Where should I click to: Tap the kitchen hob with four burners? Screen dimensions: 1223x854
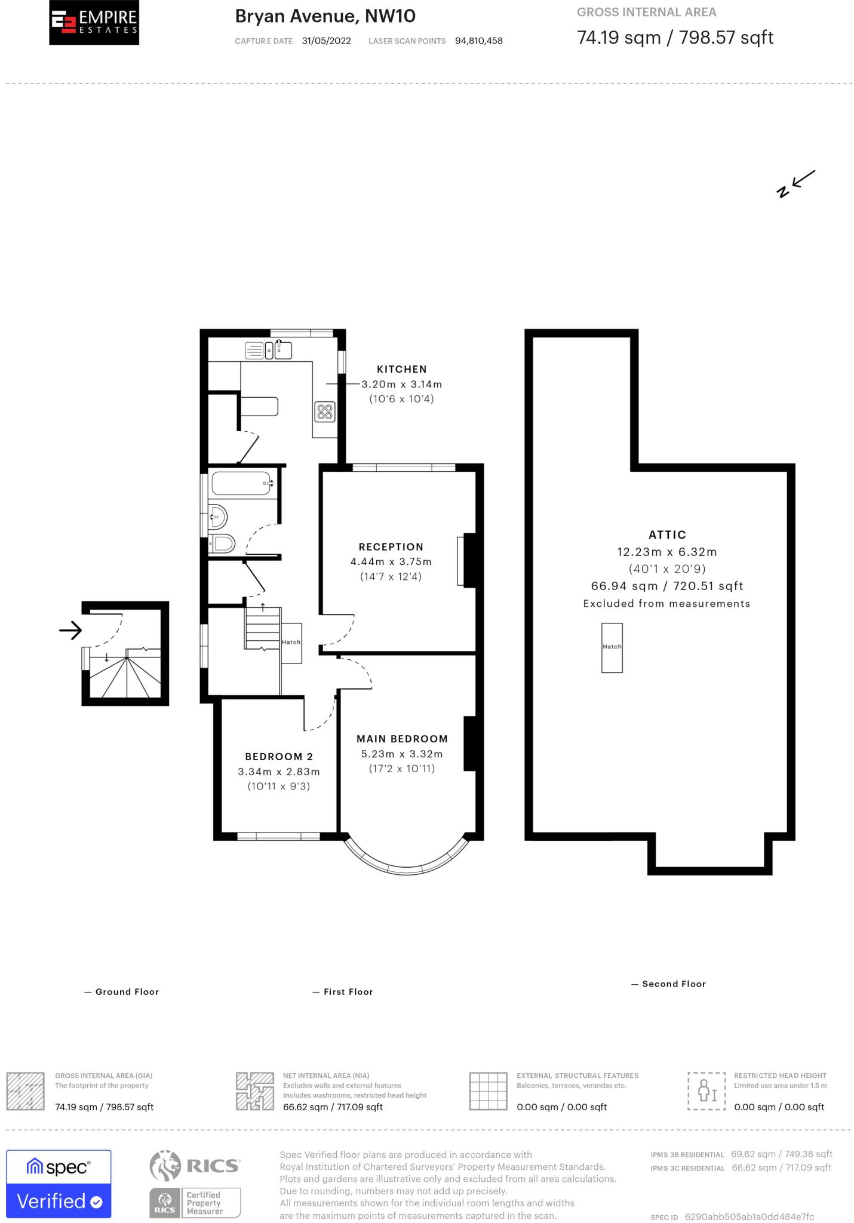coord(325,411)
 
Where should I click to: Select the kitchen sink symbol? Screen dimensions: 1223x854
coord(282,350)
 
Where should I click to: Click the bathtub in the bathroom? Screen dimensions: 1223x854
coord(242,483)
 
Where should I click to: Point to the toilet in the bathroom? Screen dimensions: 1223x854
coord(223,543)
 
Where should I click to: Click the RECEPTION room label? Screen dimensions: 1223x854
coord(391,546)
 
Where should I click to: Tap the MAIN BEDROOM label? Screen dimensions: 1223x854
coord(402,739)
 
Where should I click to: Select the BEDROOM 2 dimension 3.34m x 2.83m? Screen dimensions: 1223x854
coord(279,772)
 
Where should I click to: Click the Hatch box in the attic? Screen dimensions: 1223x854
coord(612,648)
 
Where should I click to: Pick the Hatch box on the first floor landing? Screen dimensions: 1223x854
coord(291,643)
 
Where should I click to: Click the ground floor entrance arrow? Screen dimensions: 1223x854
coord(70,630)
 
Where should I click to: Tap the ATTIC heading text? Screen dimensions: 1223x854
coord(667,534)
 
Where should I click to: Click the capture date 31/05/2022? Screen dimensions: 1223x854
coord(326,41)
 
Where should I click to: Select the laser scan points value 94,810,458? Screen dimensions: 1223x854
coord(478,41)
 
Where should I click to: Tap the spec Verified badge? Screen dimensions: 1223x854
coord(59,1184)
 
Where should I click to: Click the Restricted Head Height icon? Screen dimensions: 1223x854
coord(706,1091)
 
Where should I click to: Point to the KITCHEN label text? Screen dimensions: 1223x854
coord(401,369)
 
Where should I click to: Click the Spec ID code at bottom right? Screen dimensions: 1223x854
coord(749,1216)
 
